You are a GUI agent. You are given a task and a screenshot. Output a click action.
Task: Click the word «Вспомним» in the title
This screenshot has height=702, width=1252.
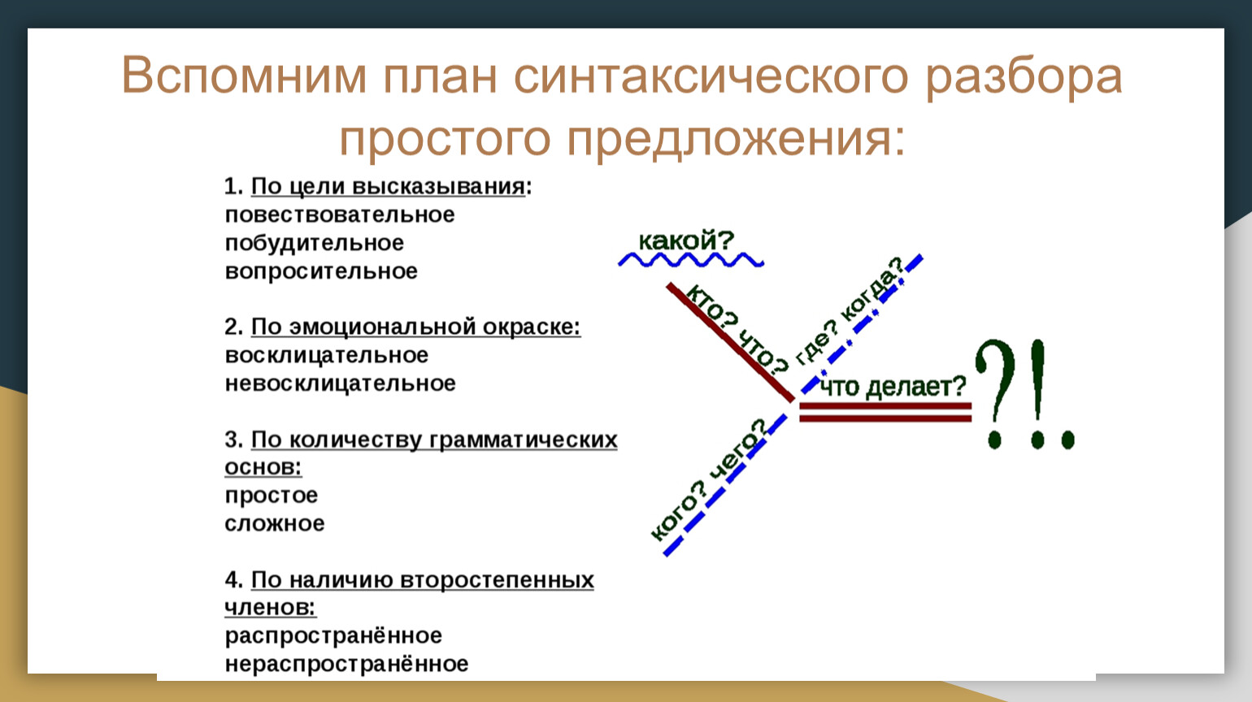click(x=244, y=75)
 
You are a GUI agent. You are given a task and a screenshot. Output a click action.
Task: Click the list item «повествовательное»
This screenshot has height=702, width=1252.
click(x=340, y=214)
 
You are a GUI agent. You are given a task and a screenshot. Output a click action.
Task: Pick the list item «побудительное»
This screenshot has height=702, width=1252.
click(x=314, y=243)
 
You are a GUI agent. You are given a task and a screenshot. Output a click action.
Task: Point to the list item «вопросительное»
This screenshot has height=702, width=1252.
click(x=321, y=271)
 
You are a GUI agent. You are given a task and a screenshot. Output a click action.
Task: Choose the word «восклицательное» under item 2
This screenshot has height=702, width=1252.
click(x=327, y=355)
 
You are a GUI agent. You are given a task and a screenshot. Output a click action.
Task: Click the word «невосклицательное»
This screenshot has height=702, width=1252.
click(x=340, y=383)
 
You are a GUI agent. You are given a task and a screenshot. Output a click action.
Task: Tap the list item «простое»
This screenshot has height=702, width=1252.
click(x=271, y=496)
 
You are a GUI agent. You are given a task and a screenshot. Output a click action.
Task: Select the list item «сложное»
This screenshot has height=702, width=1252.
click(x=275, y=524)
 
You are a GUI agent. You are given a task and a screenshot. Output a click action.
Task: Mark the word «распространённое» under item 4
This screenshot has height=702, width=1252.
click(x=333, y=635)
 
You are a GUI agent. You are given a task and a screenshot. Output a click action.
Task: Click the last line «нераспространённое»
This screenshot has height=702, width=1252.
click(x=346, y=664)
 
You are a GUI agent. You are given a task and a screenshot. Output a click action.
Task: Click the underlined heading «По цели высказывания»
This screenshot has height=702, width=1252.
click(x=388, y=187)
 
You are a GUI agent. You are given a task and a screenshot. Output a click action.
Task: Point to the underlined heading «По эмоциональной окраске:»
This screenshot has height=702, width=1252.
click(x=415, y=327)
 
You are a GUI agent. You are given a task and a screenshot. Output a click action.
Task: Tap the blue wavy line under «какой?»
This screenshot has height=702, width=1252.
click(x=691, y=260)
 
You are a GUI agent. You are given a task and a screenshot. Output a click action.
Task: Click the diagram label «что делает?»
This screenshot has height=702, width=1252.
click(x=893, y=387)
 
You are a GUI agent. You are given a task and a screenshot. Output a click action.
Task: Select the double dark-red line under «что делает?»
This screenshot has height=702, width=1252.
click(x=885, y=412)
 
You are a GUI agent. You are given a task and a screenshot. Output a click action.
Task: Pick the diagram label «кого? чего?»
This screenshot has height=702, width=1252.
click(x=709, y=479)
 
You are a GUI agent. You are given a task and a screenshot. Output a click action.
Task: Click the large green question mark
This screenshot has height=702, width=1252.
click(x=995, y=394)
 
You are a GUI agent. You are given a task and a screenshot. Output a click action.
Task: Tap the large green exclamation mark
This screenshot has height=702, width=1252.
click(x=1037, y=394)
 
